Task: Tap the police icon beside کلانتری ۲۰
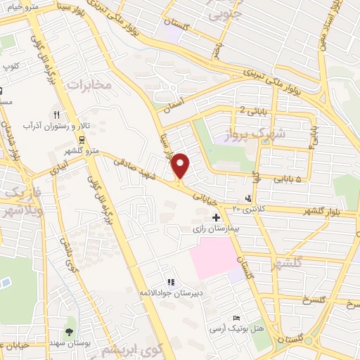pyautogui.click(x=247, y=198)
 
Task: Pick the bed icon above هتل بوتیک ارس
pyautogui.click(x=236, y=318)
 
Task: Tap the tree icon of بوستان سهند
pyautogui.click(x=69, y=331)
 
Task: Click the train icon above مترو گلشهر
pyautogui.click(x=82, y=139)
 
